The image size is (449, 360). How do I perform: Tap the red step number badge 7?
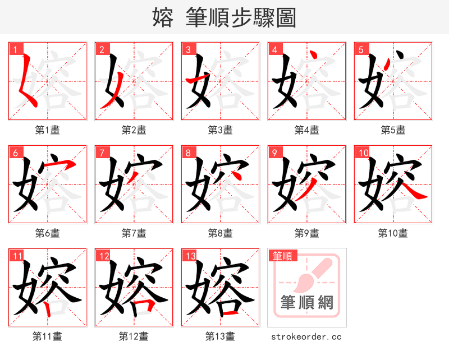[x=102, y=153]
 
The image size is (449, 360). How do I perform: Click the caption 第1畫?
[x=48, y=130]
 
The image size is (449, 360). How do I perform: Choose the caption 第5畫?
[x=393, y=130]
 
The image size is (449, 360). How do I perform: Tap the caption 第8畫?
[x=220, y=233]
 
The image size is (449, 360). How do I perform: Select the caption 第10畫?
[x=393, y=233]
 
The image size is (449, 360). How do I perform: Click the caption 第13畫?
[x=220, y=336]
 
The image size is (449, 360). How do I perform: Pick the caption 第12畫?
[x=134, y=336]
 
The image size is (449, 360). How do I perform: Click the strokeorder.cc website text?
[x=306, y=337]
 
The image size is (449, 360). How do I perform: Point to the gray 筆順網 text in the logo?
[x=307, y=303]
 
